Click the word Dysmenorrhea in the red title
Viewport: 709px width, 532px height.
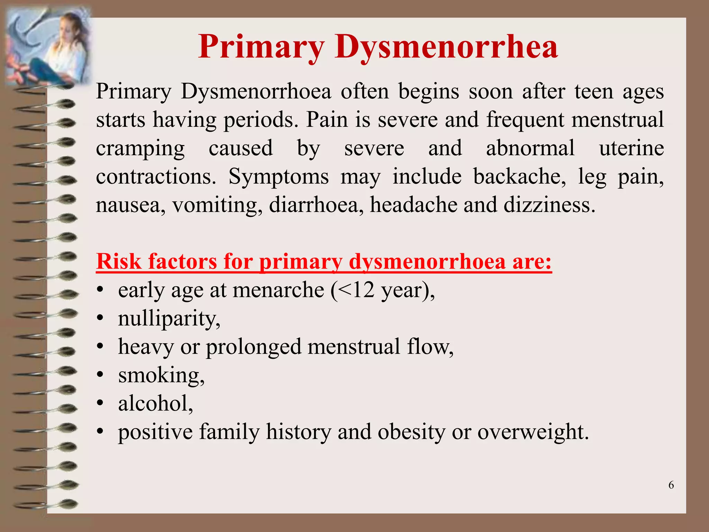point(446,47)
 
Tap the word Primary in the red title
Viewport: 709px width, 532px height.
point(261,47)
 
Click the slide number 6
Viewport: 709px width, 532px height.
point(671,485)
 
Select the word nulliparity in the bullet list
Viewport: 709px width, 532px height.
point(169,319)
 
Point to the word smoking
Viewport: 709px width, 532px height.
point(161,375)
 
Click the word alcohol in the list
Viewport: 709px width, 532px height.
point(155,404)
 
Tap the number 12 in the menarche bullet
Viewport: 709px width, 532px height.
point(363,290)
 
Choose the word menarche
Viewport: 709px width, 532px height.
point(278,290)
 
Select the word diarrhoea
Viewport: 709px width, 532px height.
point(316,205)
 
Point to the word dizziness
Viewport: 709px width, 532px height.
point(549,205)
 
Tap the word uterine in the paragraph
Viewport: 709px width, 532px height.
point(631,148)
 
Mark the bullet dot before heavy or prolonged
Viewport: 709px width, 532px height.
point(100,346)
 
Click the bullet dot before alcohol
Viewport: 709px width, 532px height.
point(100,404)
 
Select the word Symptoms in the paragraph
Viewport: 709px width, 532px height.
point(278,177)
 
